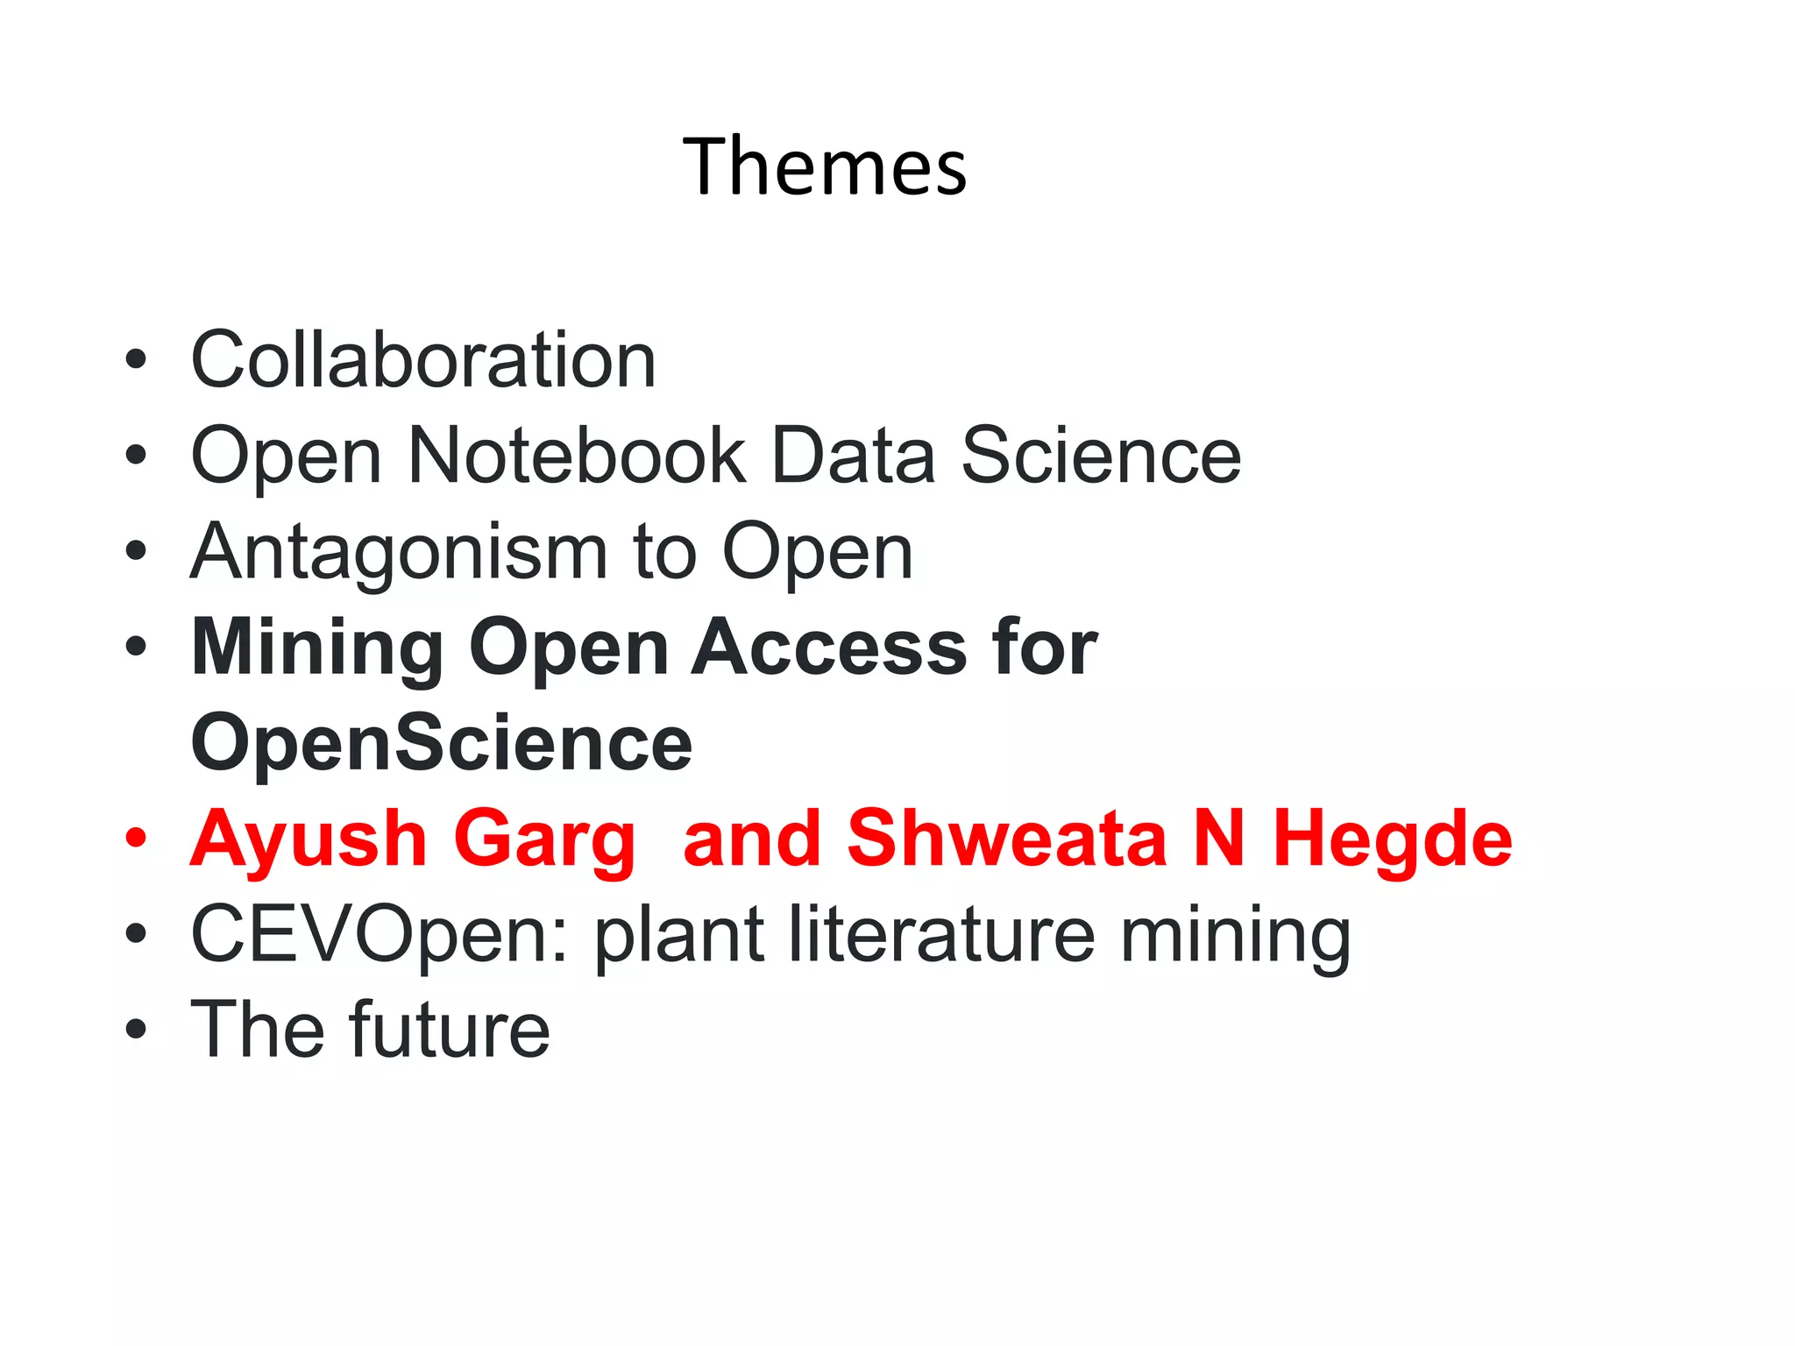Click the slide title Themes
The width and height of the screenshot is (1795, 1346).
pyautogui.click(x=825, y=166)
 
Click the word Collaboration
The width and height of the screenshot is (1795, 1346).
pyautogui.click(x=423, y=360)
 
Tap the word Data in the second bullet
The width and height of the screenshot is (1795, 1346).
pyautogui.click(x=853, y=456)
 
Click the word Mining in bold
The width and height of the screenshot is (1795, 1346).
pyautogui.click(x=317, y=648)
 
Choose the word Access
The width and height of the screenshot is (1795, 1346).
pyautogui.click(x=829, y=648)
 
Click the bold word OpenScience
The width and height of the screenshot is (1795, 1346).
pyautogui.click(x=442, y=744)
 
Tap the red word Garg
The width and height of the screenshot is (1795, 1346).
pyautogui.click(x=543, y=840)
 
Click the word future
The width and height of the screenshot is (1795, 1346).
pyautogui.click(x=449, y=1030)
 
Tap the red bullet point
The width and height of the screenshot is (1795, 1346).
pyautogui.click(x=135, y=838)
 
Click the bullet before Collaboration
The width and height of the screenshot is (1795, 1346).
pyautogui.click(x=135, y=359)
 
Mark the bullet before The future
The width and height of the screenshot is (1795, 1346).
pyautogui.click(x=135, y=1029)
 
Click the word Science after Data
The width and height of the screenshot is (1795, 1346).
pyautogui.click(x=1101, y=456)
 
